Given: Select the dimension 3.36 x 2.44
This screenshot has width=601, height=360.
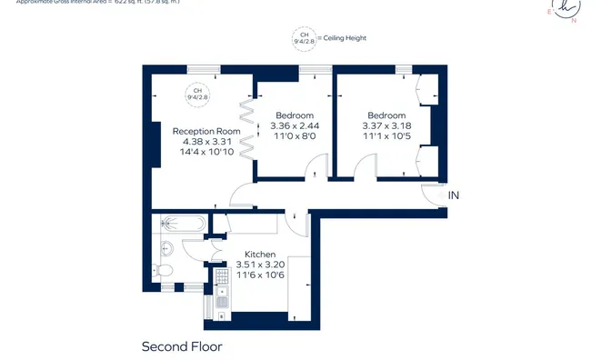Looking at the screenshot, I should point(295,125).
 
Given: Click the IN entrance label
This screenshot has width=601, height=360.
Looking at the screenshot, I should point(455,195).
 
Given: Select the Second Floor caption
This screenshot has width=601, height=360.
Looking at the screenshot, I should point(182,346).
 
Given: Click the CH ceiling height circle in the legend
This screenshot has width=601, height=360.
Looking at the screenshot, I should point(301,38).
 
